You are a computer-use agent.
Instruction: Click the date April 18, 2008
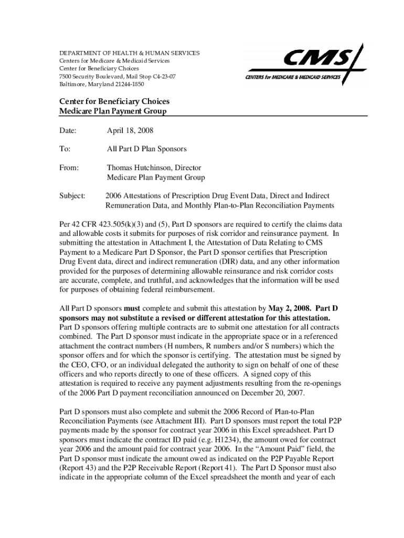point(130,130)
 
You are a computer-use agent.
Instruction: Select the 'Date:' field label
point(68,130)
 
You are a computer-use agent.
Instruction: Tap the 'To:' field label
point(65,149)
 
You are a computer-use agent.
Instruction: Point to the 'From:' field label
point(69,168)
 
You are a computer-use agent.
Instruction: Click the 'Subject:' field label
point(72,195)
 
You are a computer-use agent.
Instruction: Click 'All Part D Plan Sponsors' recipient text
point(146,149)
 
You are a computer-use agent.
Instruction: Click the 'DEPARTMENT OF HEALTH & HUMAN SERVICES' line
point(129,53)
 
